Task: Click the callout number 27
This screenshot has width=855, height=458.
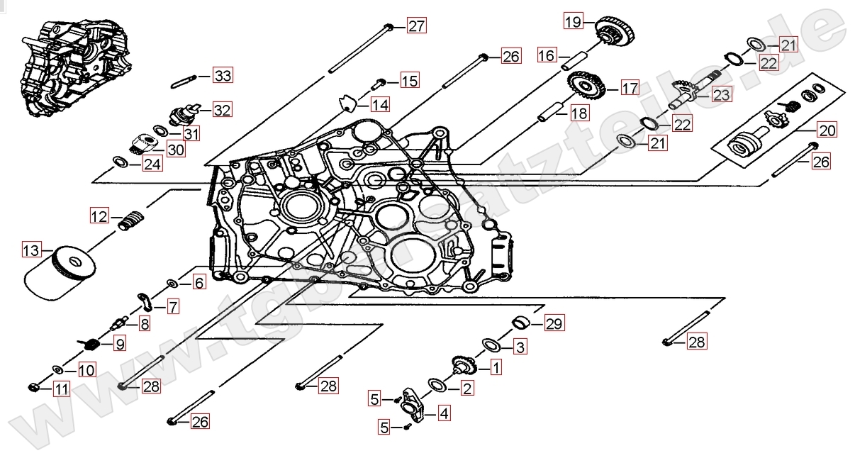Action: click(416, 27)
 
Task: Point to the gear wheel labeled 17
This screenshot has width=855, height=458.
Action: click(587, 88)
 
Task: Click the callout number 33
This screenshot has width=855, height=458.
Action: click(223, 76)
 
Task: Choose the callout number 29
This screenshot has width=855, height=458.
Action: click(554, 325)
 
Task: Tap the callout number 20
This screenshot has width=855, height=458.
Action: click(827, 130)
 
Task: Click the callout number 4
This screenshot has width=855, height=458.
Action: click(444, 413)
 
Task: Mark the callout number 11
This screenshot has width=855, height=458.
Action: click(62, 389)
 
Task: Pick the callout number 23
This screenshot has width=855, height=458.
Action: click(721, 94)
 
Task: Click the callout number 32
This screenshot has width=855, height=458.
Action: click(222, 110)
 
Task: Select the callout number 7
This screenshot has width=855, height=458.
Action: click(173, 307)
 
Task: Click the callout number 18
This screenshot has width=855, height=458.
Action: click(579, 113)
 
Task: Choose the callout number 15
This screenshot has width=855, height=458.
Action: click(409, 81)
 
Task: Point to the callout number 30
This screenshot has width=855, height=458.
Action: click(175, 148)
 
